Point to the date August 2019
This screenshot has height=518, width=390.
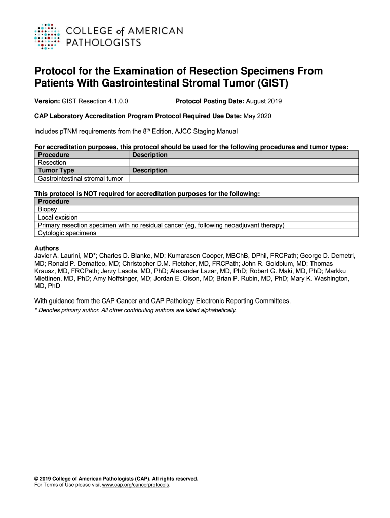pos(264,101)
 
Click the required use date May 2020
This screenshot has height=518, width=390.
pos(257,116)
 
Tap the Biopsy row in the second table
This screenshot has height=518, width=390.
pos(48,209)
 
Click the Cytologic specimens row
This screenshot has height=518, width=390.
pos(67,233)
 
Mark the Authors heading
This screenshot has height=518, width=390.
pos(47,248)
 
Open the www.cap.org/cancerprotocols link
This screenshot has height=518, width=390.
pos(136,485)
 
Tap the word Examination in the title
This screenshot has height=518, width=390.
pos(134,71)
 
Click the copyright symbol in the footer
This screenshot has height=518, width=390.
pos(36,478)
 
